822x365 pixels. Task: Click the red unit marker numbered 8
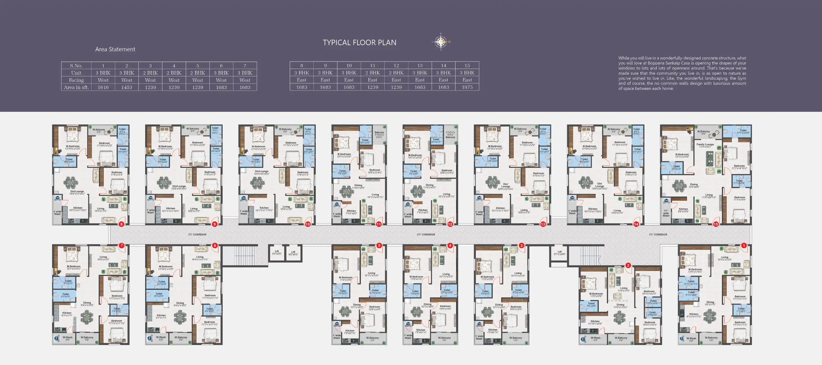tap(121, 224)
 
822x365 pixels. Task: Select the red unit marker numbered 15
tap(716, 224)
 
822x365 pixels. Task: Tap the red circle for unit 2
tap(628, 265)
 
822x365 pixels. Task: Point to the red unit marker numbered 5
tap(379, 246)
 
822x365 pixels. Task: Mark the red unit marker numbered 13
tap(543, 224)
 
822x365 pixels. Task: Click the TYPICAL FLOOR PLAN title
tap(359, 43)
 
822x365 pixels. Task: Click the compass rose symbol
tap(441, 42)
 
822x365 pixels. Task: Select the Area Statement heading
tap(115, 49)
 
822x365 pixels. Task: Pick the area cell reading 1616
tap(103, 87)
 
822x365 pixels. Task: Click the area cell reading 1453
tap(127, 87)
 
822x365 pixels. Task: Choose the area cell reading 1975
tap(467, 87)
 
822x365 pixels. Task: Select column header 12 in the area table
tap(396, 65)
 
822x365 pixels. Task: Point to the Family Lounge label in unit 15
tap(705, 145)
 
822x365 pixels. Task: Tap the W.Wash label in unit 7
tap(67, 337)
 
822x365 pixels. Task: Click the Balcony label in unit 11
tap(379, 132)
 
